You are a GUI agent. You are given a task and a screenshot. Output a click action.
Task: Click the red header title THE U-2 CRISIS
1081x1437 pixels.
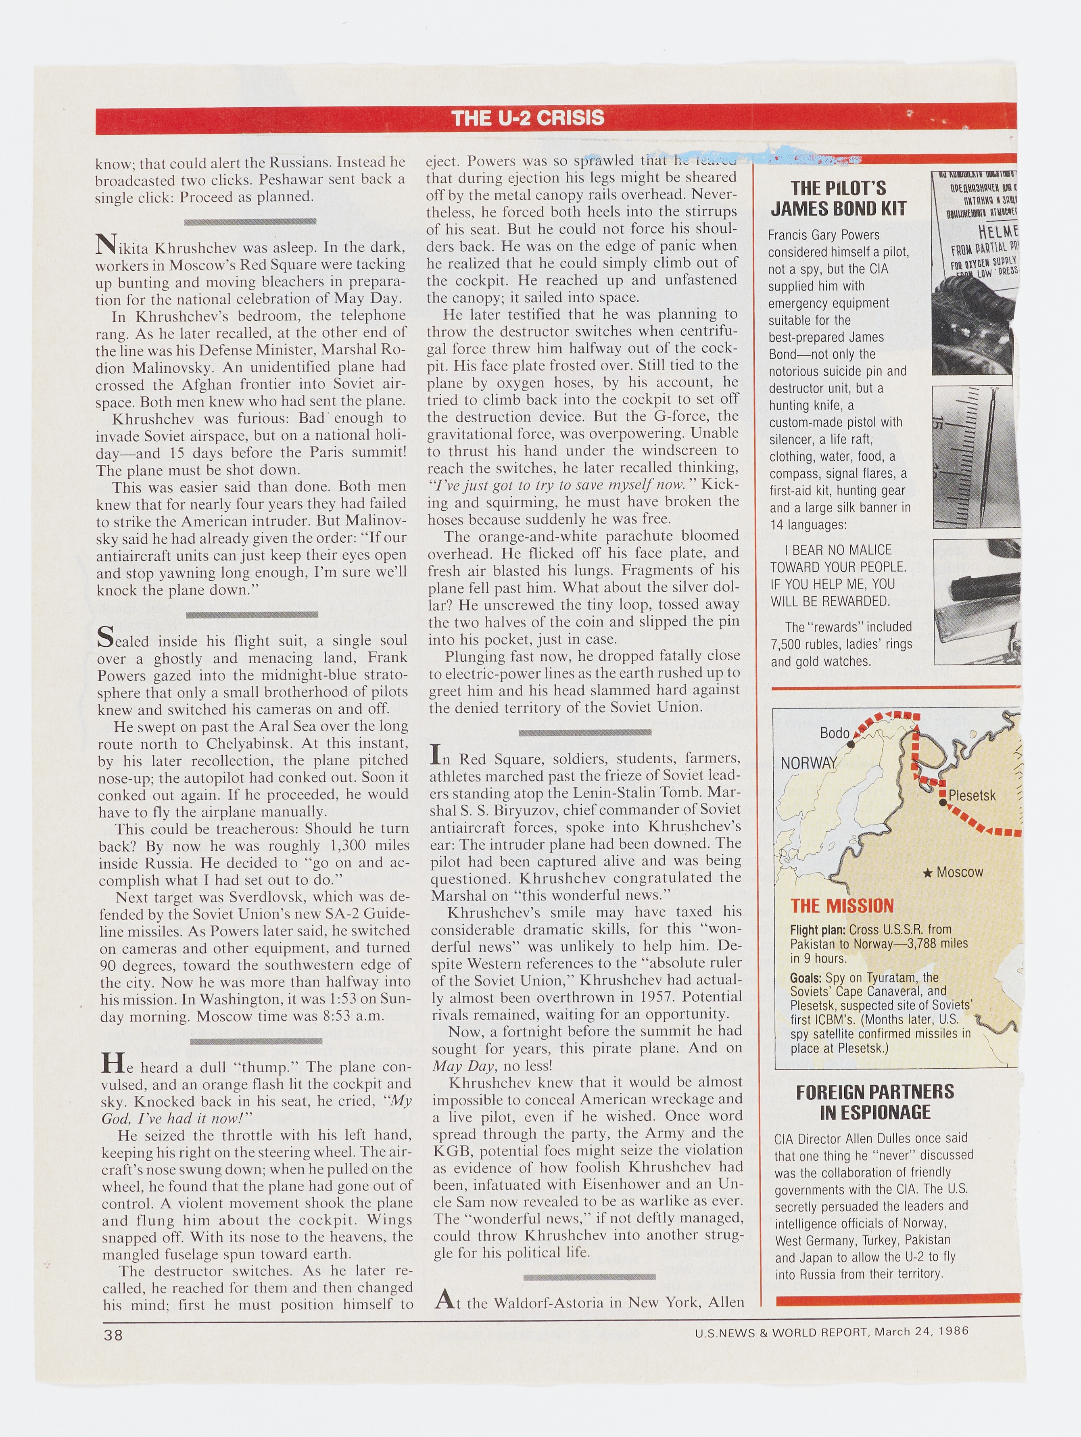[528, 117]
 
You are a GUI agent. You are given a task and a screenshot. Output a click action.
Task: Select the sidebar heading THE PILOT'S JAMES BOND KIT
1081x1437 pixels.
[838, 198]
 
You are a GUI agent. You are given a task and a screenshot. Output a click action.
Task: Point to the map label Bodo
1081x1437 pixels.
[834, 733]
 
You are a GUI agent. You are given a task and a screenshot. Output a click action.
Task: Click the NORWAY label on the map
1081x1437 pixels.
[809, 763]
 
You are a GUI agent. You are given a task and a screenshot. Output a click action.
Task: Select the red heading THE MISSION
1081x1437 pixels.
[842, 906]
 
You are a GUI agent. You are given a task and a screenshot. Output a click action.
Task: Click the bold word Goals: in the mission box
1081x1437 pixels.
[806, 978]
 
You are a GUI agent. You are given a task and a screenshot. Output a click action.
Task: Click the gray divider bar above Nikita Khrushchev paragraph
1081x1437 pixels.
[250, 221]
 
